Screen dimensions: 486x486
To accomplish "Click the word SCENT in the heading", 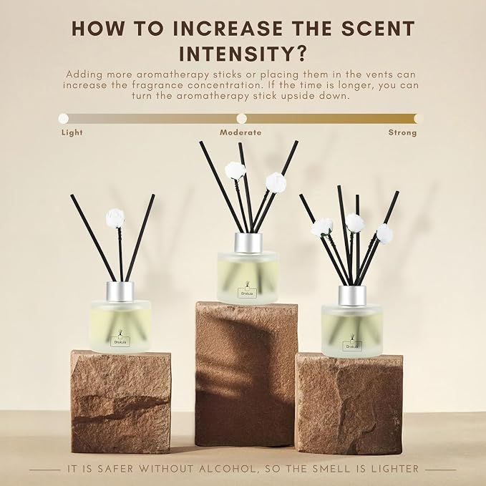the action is pyautogui.click(x=378, y=29).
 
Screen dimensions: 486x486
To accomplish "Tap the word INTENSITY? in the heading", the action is pyautogui.click(x=243, y=54).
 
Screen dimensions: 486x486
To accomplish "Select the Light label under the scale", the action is pyautogui.click(x=72, y=132).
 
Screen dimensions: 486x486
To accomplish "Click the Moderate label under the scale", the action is pyautogui.click(x=240, y=132).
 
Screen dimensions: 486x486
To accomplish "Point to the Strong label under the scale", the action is pyautogui.click(x=402, y=132).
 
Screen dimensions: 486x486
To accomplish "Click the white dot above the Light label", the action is pyautogui.click(x=64, y=118).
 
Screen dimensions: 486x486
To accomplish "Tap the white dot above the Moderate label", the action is pyautogui.click(x=241, y=118).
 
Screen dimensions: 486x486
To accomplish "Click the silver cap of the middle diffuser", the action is pyautogui.click(x=248, y=243).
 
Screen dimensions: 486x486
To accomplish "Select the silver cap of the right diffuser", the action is pyautogui.click(x=352, y=296).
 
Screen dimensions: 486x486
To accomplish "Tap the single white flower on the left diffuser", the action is pyautogui.click(x=115, y=218).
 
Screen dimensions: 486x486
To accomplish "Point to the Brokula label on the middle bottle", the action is pyautogui.click(x=248, y=293).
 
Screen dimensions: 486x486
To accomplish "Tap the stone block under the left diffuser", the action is pyautogui.click(x=121, y=402).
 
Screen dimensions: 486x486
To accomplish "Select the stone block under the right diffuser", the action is pyautogui.click(x=349, y=404).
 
